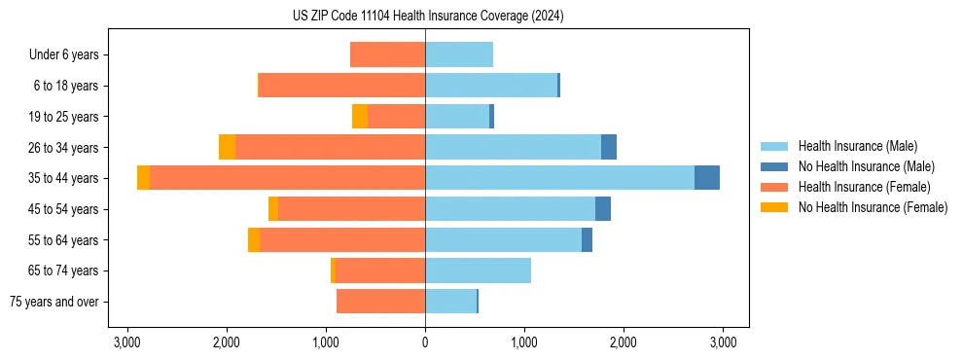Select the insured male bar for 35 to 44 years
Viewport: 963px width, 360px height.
click(559, 178)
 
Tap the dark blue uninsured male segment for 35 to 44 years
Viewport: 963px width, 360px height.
click(707, 178)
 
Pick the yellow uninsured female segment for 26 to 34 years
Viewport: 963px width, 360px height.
click(227, 147)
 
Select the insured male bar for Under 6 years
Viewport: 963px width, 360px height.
click(459, 54)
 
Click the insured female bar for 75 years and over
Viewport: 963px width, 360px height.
click(380, 302)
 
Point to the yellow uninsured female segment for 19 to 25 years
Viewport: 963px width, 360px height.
click(360, 117)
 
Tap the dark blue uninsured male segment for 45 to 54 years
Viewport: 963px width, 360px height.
click(603, 209)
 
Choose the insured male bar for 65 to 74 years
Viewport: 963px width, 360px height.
click(478, 270)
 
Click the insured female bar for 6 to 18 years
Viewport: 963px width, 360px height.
click(341, 86)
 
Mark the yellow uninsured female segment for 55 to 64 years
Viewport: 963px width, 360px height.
click(254, 239)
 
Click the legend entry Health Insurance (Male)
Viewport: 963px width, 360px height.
click(855, 146)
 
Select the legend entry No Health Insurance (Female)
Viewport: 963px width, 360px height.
click(872, 207)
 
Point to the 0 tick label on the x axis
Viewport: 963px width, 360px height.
click(425, 342)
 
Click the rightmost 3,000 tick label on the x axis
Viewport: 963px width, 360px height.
click(723, 342)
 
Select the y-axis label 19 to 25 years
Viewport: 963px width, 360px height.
click(65, 117)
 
